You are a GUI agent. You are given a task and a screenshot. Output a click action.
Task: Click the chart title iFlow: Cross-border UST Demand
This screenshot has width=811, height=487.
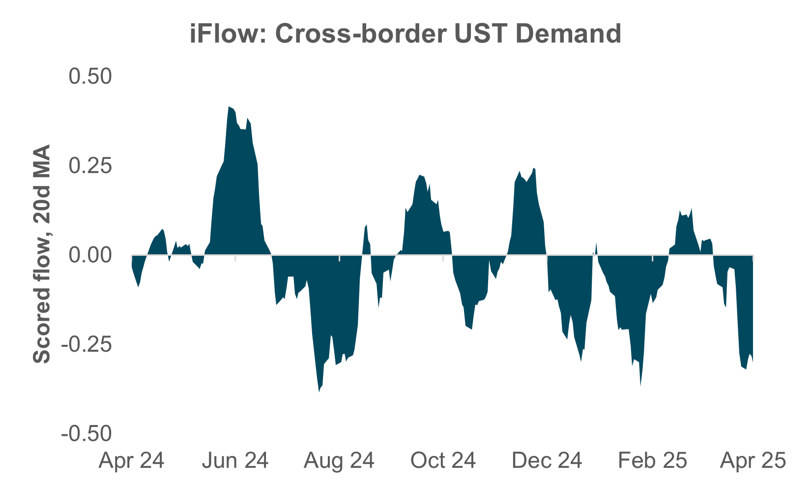[405, 34]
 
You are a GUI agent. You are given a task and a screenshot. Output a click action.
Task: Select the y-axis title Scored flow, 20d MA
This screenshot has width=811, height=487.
[42, 254]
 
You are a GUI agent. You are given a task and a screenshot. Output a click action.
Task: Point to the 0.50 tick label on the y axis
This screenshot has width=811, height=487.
[90, 77]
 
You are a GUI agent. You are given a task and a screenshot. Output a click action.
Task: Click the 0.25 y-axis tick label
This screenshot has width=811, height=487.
[90, 166]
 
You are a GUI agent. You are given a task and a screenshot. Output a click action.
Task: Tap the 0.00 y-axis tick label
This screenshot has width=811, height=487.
[90, 255]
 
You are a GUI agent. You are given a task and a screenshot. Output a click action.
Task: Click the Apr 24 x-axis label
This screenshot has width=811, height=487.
[131, 461]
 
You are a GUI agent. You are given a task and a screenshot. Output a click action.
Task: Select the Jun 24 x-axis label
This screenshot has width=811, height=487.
[235, 461]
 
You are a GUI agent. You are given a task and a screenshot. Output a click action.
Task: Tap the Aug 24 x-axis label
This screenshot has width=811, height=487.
[339, 461]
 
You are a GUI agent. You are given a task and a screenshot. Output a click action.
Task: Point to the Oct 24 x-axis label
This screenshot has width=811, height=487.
[443, 461]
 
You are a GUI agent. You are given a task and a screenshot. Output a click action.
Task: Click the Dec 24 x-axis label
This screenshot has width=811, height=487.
[547, 461]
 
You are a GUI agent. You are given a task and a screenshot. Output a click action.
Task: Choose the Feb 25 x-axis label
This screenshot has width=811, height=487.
[652, 461]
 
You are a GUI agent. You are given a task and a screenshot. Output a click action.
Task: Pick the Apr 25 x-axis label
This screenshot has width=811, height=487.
[753, 461]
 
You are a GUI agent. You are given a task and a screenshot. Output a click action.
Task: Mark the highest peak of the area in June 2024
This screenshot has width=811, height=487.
[229, 107]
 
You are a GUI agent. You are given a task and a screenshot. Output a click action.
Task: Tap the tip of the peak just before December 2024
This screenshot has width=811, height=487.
[533, 168]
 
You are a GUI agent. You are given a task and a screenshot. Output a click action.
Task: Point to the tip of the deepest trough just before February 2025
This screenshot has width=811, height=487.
[640, 386]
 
